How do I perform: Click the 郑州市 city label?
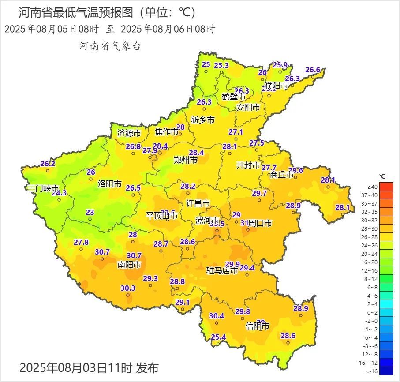pos(186,160)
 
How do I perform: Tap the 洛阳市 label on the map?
pos(109,184)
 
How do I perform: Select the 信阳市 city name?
pos(258,326)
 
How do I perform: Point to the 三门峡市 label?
pos(43,188)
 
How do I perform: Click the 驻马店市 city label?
pos(222,271)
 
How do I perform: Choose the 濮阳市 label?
pos(276,85)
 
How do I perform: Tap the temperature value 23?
pos(90,212)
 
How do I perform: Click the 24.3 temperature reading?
pos(59,193)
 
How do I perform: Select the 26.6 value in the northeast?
pos(313,70)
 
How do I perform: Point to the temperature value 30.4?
pos(217,316)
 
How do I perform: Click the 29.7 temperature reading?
pos(259,193)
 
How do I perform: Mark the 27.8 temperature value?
pos(81,242)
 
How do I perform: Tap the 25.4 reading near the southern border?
pos(218,337)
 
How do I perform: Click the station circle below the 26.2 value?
pos(48,171)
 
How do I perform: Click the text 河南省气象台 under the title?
pos(110,46)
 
